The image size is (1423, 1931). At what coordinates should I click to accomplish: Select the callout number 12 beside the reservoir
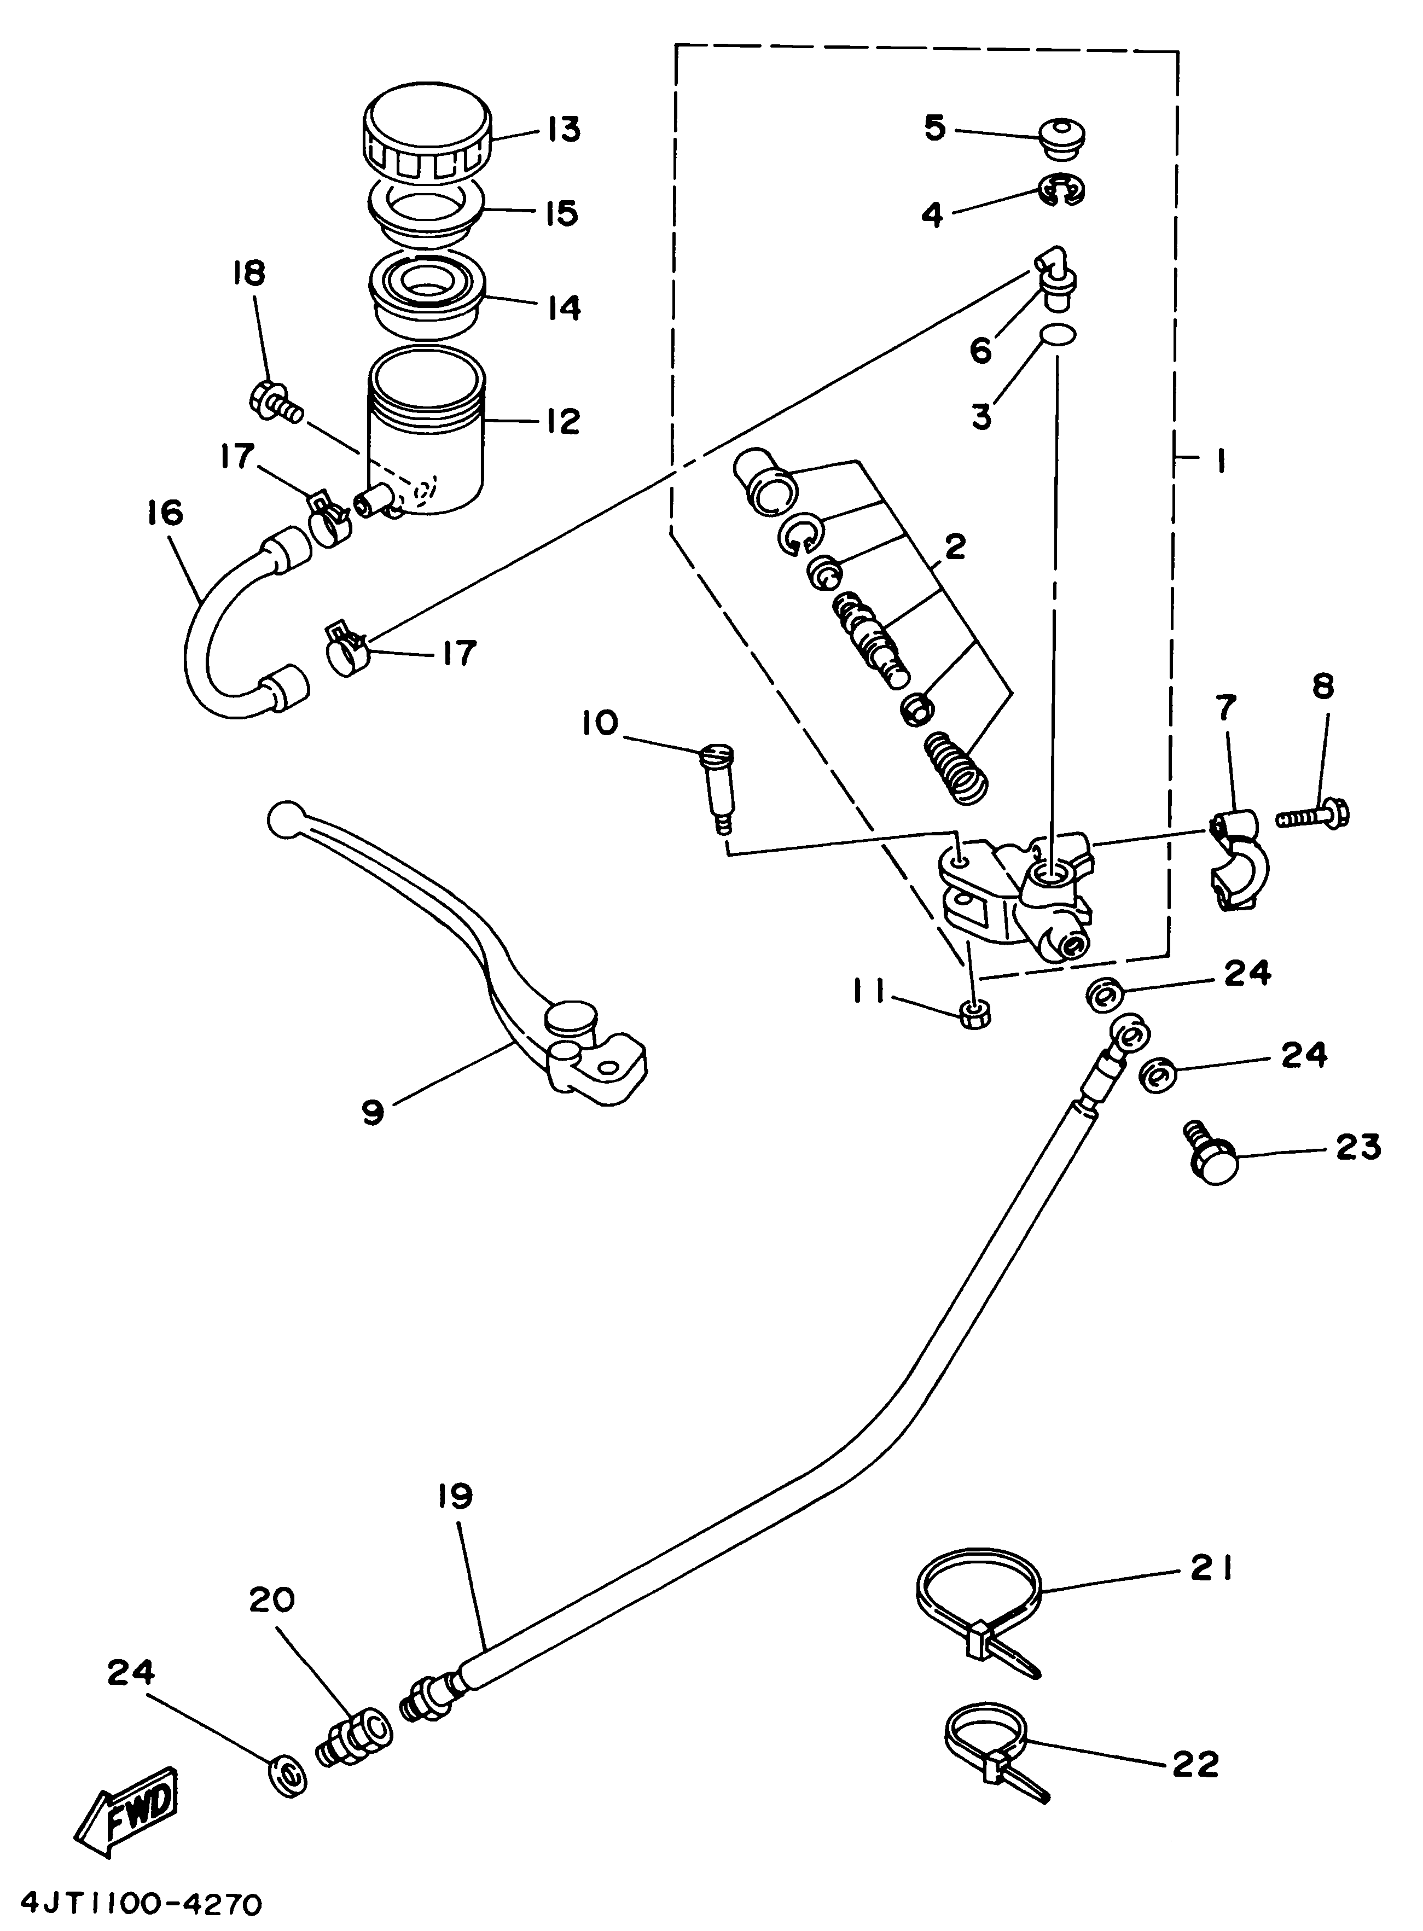click(564, 421)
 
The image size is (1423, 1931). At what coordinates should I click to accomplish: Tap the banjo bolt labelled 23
click(1211, 1161)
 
